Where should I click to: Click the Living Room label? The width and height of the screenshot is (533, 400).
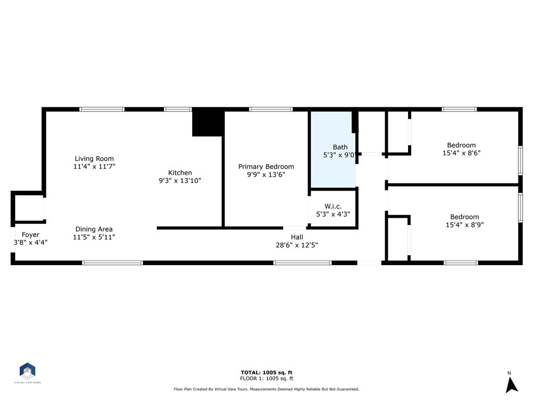point(94,159)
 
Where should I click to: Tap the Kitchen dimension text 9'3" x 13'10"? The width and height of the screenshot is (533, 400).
point(180,181)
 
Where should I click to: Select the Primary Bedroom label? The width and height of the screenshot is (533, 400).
point(266,167)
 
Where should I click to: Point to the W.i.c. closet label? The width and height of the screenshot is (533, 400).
point(333,206)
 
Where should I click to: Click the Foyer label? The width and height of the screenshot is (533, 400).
point(31,235)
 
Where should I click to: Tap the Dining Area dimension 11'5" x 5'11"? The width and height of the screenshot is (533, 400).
point(94,237)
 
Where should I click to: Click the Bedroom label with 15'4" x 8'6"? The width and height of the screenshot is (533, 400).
point(461,145)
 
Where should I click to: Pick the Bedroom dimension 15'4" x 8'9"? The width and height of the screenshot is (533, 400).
point(464,225)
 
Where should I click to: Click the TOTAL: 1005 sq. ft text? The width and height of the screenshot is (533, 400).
point(266,372)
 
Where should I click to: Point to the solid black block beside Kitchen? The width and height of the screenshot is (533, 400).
point(208,123)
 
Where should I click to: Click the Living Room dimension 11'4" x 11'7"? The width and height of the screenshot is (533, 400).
point(94,167)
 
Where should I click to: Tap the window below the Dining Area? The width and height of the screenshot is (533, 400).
point(112,263)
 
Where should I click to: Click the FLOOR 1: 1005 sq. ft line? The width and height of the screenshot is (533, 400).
point(266,379)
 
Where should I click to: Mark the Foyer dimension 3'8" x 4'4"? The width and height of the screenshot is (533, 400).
point(31,242)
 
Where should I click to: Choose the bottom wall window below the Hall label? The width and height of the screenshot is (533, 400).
point(302,263)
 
